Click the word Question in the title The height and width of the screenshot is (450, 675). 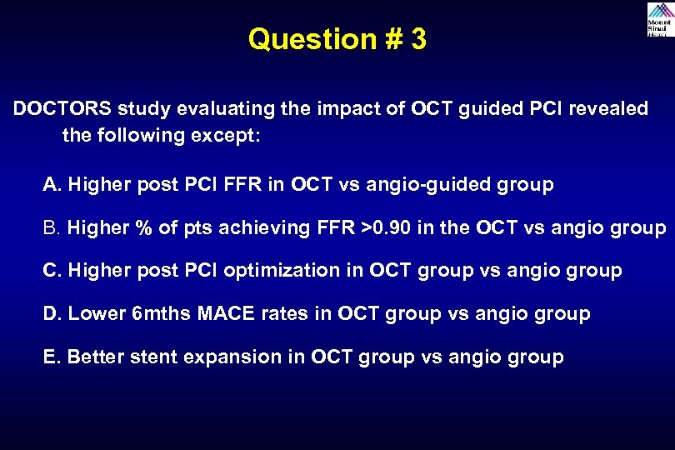[306, 39]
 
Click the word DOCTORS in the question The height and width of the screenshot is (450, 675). [62, 110]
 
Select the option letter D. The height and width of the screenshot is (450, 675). [50, 314]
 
